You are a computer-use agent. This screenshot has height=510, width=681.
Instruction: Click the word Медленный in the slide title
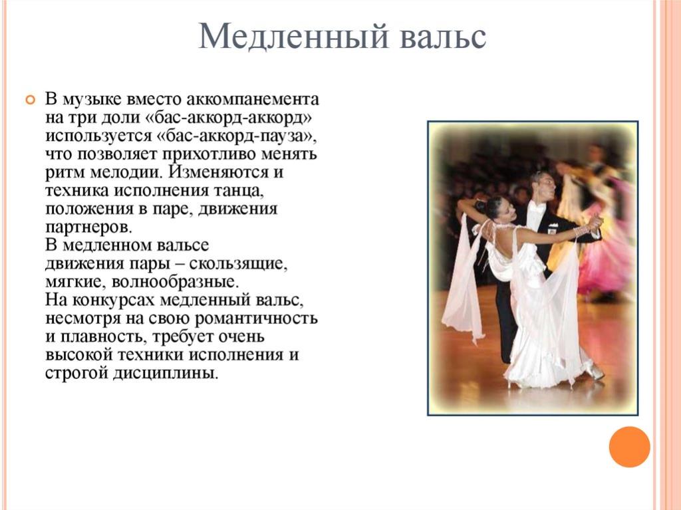pyautogui.click(x=293, y=36)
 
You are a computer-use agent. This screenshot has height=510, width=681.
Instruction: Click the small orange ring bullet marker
pyautogui.click(x=30, y=100)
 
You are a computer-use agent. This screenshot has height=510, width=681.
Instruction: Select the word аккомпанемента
pyautogui.click(x=253, y=100)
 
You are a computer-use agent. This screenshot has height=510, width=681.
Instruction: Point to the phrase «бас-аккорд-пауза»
pyautogui.click(x=234, y=136)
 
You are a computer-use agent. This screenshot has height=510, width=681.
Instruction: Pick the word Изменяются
pyautogui.click(x=219, y=172)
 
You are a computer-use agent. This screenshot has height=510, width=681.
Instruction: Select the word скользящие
pyautogui.click(x=238, y=264)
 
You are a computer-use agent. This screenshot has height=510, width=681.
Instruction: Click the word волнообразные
pyautogui.click(x=176, y=282)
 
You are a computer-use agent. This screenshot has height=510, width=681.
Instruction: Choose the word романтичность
pyautogui.click(x=256, y=319)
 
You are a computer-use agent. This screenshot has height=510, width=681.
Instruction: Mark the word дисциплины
pyautogui.click(x=165, y=373)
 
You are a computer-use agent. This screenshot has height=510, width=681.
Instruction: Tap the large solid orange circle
pyautogui.click(x=629, y=447)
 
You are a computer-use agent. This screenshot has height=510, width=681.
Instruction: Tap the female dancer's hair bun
pyautogui.click(x=481, y=207)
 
